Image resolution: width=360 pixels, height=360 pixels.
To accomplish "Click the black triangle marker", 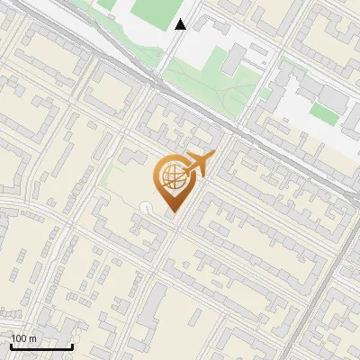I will pos(181,24).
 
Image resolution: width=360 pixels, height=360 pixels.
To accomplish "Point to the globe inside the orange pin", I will pos(171,178).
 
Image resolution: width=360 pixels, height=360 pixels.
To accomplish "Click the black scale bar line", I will pos(40,346).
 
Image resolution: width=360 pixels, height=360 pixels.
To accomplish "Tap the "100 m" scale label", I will pos(24,338).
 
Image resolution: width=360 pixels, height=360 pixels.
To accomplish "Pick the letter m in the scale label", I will pos(32,338).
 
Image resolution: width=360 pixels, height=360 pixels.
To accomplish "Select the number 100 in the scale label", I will pos(19,338).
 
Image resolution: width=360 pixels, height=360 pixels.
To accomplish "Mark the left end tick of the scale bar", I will pos(10,345).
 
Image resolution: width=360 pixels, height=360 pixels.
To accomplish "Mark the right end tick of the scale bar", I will pos(72,345).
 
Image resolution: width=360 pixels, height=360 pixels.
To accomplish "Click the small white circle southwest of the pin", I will pos(146,208).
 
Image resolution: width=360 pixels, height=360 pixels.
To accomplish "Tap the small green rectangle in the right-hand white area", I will pos(323,112).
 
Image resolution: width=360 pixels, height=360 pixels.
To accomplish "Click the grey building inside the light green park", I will pos(231,59).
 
